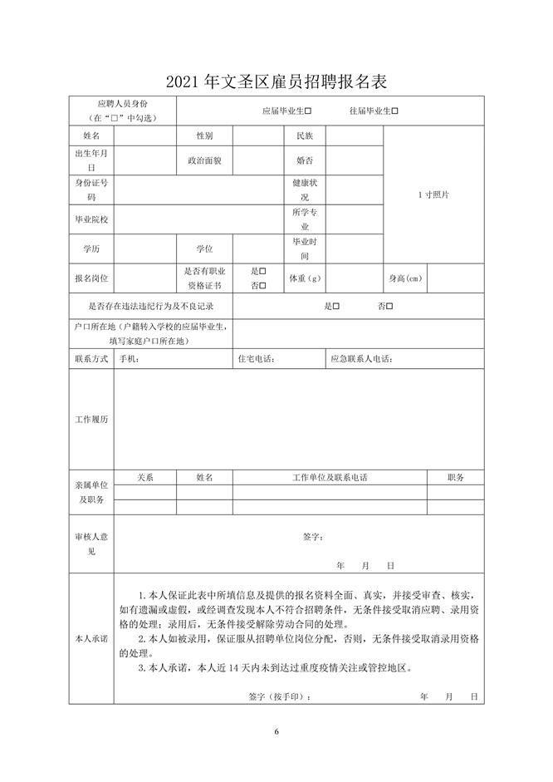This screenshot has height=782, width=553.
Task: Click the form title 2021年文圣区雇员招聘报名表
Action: click(x=276, y=82)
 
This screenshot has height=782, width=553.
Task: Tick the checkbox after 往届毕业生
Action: click(x=395, y=111)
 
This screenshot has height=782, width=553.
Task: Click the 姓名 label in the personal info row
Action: click(x=91, y=135)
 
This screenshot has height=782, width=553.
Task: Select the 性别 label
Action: click(x=204, y=135)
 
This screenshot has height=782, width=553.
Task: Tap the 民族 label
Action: click(x=304, y=135)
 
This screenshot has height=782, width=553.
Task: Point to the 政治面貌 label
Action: click(x=204, y=160)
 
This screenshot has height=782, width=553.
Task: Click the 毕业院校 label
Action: click(x=91, y=219)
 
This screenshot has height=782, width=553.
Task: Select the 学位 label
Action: click(x=204, y=248)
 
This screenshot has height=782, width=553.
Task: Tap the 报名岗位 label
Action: click(x=91, y=278)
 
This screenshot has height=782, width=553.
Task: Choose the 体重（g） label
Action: click(x=305, y=278)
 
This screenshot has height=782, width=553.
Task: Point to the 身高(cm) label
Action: click(x=405, y=278)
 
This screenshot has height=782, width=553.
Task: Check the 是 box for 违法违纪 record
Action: click(x=336, y=306)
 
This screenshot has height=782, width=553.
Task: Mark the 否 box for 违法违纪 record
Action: click(x=389, y=306)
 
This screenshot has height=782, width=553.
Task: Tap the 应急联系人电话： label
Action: click(x=361, y=359)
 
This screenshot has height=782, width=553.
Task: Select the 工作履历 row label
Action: click(x=91, y=420)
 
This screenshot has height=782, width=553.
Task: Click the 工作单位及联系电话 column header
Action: click(x=330, y=477)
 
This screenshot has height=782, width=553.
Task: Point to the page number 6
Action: click(x=276, y=731)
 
